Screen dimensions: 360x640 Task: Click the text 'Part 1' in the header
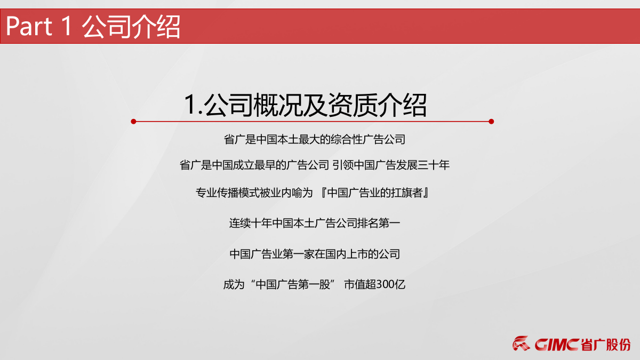pos(38,27)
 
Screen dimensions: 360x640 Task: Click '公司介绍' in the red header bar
pos(131,27)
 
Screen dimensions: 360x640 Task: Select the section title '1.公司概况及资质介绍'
pos(305,105)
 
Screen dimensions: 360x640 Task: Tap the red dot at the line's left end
pos(133,122)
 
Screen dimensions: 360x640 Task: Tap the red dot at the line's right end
pos(491,122)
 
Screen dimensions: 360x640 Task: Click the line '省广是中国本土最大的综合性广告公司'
pos(315,140)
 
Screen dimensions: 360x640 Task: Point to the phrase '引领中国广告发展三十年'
pos(391,165)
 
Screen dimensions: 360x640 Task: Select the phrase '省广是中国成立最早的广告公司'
pos(254,165)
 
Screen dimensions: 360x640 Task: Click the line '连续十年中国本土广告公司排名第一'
pos(315,223)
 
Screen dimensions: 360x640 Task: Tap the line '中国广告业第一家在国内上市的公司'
pos(315,254)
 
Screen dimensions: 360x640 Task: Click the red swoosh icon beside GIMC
pos(522,344)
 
